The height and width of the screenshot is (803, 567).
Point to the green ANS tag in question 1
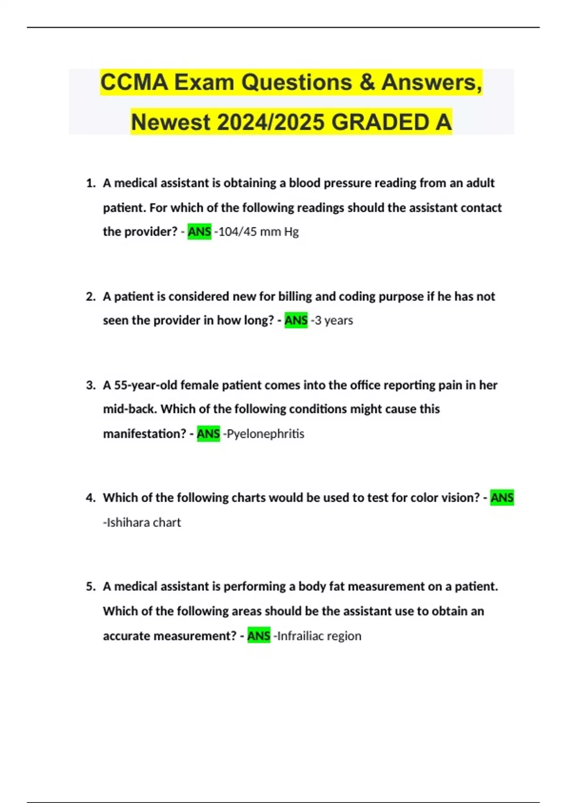coord(199,232)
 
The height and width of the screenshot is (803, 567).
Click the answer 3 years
coord(334,320)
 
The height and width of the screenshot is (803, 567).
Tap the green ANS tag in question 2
coord(296,320)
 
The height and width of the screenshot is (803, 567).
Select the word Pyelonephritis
coord(265,434)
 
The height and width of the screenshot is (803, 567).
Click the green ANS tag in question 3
coord(208,434)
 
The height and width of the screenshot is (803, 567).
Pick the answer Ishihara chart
coord(143,522)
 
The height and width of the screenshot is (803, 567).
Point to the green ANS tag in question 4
coord(502,498)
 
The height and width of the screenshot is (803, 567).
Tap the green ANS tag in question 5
coord(259,636)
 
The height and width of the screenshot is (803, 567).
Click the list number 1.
coord(91,183)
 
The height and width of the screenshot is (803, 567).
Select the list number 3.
coord(91,385)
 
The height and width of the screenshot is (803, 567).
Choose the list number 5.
coord(91,587)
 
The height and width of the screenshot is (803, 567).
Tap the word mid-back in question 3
coord(129,409)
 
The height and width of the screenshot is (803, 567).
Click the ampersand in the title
coord(367,83)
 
